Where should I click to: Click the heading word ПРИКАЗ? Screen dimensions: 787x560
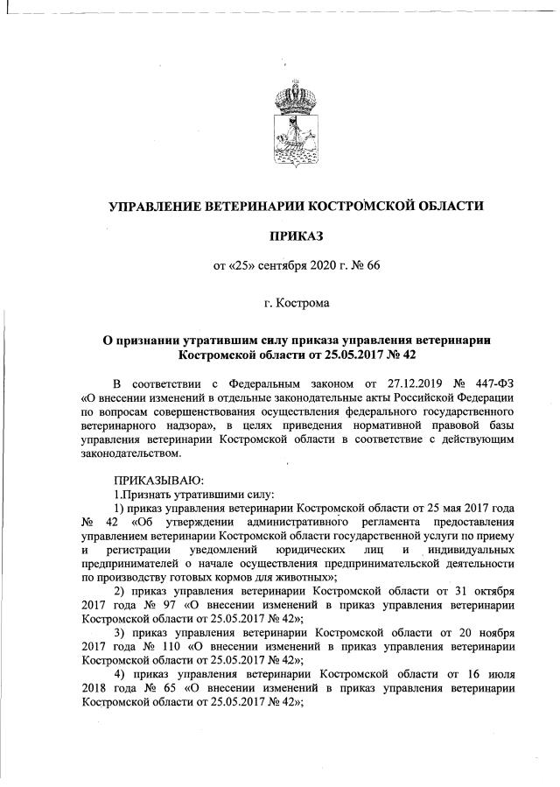click(294, 236)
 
